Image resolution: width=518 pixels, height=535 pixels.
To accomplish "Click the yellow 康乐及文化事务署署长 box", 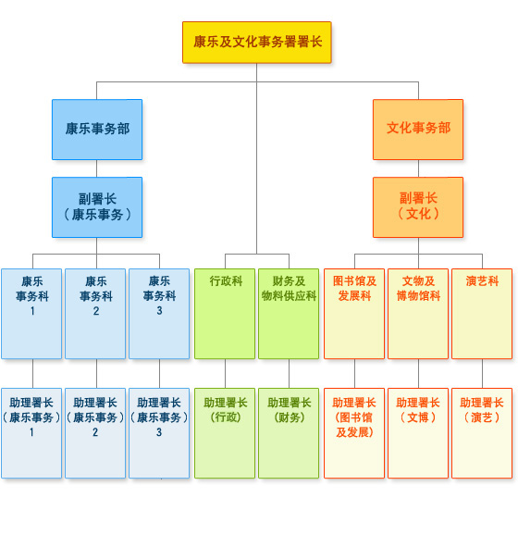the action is coord(257,43).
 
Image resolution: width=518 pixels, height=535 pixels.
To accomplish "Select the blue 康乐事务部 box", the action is coord(97,130).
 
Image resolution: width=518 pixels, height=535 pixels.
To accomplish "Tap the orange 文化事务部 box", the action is coord(418,130).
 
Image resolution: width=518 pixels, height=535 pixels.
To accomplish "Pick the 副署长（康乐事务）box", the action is coord(97,207).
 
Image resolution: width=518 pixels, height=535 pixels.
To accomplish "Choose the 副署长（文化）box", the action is coord(418,207).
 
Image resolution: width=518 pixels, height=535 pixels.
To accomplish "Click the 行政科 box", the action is coord(225,314).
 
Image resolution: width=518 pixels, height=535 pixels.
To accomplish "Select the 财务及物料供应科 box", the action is coord(289,314).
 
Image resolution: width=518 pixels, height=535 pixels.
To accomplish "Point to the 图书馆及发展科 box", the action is coord(354,314).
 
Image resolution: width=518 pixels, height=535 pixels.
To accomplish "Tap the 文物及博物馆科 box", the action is coord(418,314).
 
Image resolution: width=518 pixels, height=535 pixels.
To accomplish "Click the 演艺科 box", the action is coord(482,314).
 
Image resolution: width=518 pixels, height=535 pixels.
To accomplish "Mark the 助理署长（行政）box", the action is coord(225,433).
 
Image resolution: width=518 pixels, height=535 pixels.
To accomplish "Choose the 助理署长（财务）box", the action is coord(289,433).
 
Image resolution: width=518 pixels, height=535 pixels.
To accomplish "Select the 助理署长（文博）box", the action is coord(418,433).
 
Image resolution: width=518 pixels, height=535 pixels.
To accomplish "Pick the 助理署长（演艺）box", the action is coord(482,433).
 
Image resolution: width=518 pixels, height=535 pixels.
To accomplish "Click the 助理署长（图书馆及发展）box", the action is coord(354,433).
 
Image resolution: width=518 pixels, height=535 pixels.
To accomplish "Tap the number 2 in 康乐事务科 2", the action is coord(96,311).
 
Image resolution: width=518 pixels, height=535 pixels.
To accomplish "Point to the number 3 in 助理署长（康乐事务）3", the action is coord(159,432).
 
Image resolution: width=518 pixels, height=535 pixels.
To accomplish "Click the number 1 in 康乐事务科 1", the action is coord(32,311).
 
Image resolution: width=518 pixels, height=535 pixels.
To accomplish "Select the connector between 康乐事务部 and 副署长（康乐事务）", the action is coord(97,168).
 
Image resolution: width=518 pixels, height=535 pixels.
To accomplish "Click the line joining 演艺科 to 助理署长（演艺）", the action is coord(482,374).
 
